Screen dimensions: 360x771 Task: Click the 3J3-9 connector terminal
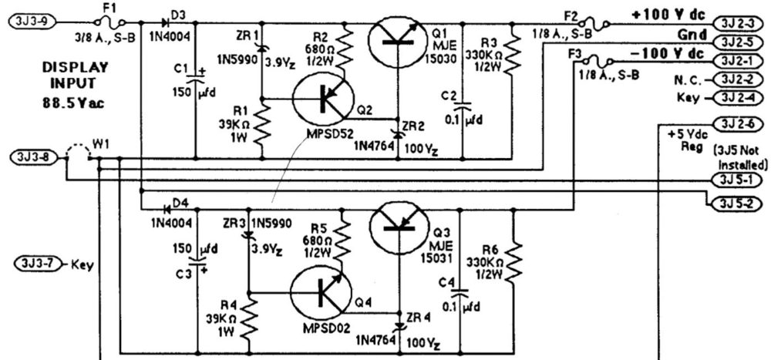click(29, 22)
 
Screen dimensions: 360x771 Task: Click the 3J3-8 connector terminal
click(29, 157)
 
